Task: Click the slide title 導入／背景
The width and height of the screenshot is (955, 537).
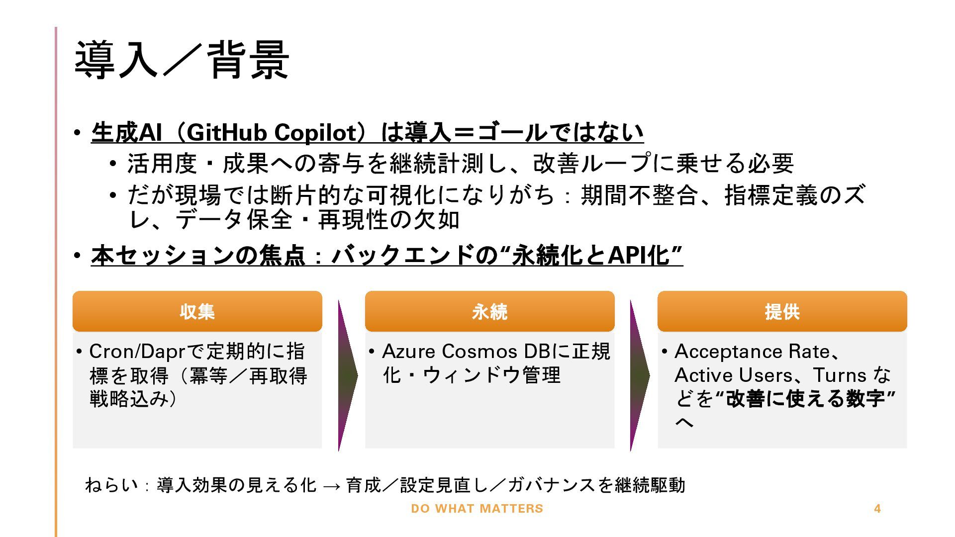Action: pyautogui.click(x=182, y=60)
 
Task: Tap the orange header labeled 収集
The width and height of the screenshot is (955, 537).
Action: pyautogui.click(x=197, y=312)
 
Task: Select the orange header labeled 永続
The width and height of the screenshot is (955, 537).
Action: pyautogui.click(x=489, y=312)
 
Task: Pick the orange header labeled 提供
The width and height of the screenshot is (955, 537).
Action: pyautogui.click(x=782, y=312)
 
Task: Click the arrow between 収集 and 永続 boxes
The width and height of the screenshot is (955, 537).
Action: pyautogui.click(x=347, y=376)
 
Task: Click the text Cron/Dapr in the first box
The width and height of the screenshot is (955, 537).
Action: pyautogui.click(x=137, y=352)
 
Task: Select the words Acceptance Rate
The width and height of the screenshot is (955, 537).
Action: pyautogui.click(x=752, y=352)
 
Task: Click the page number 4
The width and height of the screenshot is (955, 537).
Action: pyautogui.click(x=877, y=509)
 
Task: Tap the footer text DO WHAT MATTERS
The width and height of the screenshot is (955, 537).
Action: pyautogui.click(x=477, y=509)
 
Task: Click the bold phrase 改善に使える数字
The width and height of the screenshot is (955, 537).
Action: pyautogui.click(x=806, y=399)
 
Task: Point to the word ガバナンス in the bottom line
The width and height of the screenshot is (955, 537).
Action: pyautogui.click(x=551, y=485)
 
